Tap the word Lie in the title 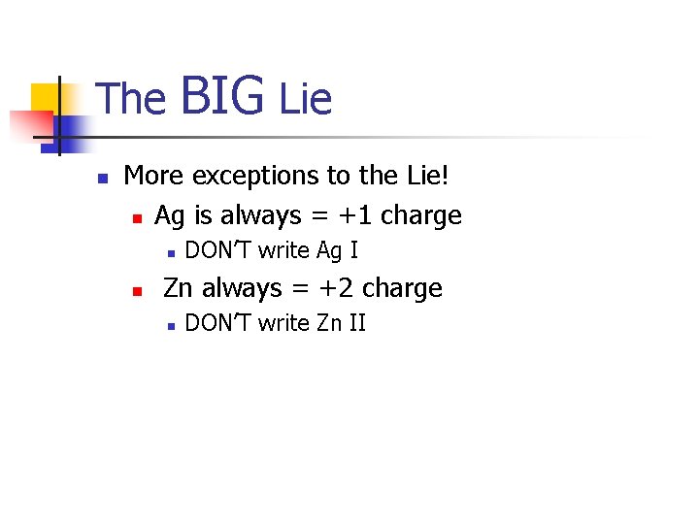305,99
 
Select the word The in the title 132,99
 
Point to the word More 155,176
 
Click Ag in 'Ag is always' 171,215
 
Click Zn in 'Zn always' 180,288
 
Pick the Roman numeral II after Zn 356,323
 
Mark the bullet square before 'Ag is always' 138,217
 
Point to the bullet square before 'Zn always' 138,290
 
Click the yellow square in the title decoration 46,100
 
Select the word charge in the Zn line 402,288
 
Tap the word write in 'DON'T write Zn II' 283,323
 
